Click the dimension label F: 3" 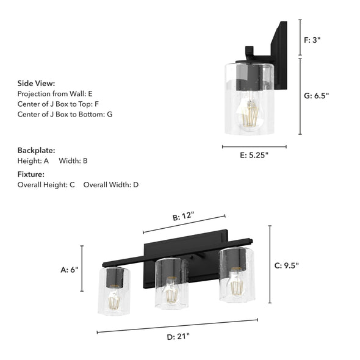click(312, 40)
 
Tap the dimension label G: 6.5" click(317, 96)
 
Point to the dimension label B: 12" click(183, 216)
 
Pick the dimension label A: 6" click(70, 268)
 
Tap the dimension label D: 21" click(179, 336)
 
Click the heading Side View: click(36, 83)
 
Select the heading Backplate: click(36, 150)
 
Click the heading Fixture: click(31, 174)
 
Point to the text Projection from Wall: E click(55, 93)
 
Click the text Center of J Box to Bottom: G click(65, 114)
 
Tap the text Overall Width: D click(111, 184)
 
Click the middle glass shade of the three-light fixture click(171, 284)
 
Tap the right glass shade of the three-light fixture click(237, 275)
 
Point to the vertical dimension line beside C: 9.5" click(270, 264)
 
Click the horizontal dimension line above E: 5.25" click(254, 146)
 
